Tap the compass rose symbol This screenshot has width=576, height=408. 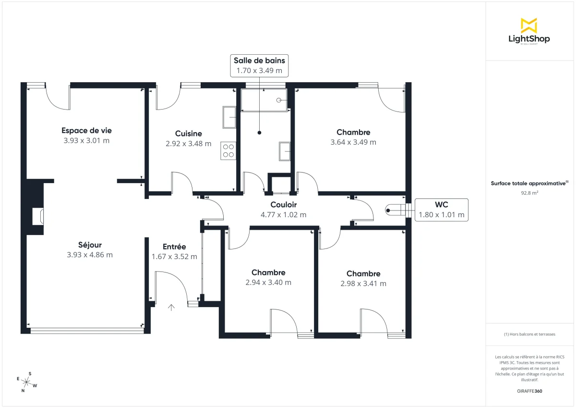click(x=27, y=383)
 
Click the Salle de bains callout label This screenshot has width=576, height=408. click(x=259, y=65)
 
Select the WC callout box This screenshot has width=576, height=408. click(x=441, y=210)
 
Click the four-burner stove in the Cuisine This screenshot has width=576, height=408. click(x=228, y=151)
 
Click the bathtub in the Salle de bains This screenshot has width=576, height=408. click(x=264, y=100)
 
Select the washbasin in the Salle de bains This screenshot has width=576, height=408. click(x=285, y=151)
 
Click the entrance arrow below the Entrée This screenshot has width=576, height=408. click(x=171, y=307)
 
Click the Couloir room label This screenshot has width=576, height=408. click(x=283, y=205)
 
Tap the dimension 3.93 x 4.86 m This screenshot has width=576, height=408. click(x=90, y=255)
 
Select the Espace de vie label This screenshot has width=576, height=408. click(x=86, y=130)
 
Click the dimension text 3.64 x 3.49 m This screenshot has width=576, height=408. click(x=353, y=142)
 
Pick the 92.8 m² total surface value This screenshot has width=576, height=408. click(x=528, y=193)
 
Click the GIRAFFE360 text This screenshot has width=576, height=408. click(x=528, y=391)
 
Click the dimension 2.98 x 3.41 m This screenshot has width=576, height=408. click(x=363, y=284)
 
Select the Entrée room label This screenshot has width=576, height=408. click(x=174, y=247)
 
